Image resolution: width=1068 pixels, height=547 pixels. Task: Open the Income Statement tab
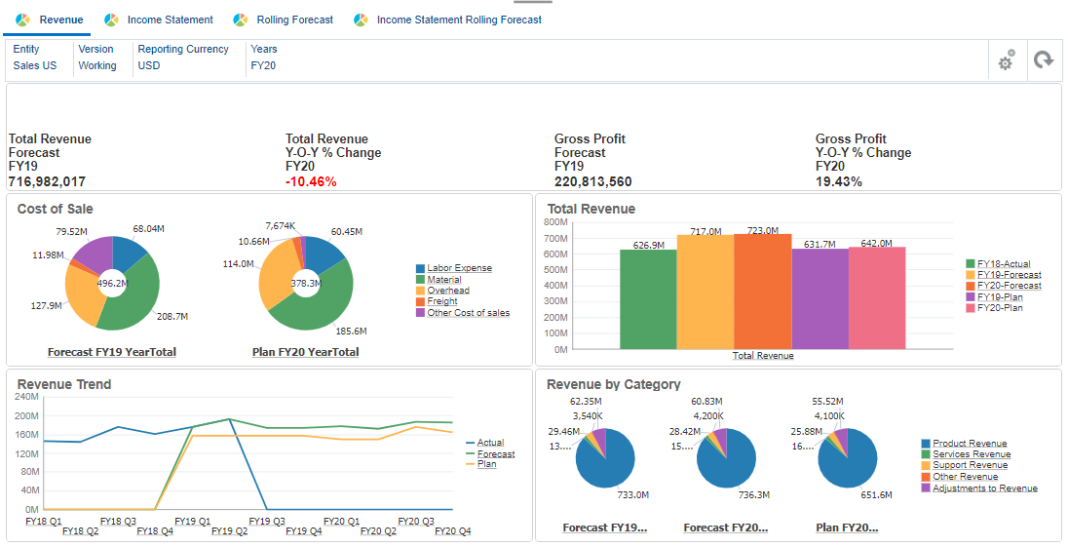coord(170,20)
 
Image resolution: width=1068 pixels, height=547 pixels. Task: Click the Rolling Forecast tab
coord(294,20)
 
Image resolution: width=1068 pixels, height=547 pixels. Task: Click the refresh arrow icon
coord(1044,60)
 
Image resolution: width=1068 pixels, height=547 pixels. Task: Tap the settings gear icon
coord(1006,60)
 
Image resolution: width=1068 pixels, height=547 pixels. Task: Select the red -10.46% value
coord(311,181)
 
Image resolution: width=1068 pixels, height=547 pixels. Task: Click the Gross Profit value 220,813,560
coord(592,181)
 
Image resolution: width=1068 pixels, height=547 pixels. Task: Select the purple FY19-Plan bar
coord(820,297)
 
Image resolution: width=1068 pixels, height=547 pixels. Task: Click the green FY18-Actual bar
coord(648,297)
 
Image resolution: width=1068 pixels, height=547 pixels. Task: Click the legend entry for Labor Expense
coord(459,268)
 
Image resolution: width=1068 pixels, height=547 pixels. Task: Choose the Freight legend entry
coord(442,302)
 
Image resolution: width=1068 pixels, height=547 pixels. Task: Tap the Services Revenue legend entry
coord(972,454)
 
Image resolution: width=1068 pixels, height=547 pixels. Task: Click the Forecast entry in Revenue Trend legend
coord(495,453)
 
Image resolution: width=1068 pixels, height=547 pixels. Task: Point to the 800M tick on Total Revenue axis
coord(554,222)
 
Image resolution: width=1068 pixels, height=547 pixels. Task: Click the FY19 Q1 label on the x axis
coord(192,522)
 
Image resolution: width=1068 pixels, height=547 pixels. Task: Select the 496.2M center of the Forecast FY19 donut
coord(112,284)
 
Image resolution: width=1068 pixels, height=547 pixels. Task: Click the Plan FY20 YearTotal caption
coord(305,352)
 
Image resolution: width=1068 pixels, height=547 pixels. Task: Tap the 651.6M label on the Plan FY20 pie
coord(876,495)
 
